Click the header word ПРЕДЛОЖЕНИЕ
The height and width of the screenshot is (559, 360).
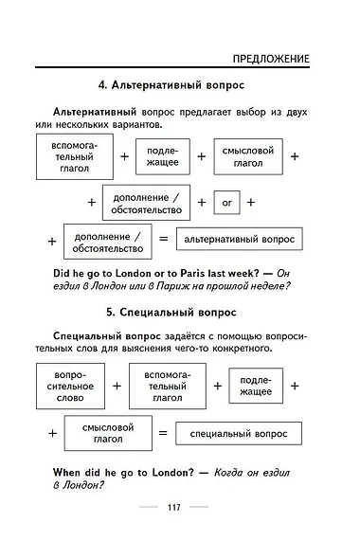(x=271, y=59)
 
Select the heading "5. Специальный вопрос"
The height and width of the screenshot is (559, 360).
(x=179, y=312)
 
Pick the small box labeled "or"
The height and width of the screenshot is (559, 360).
(x=225, y=202)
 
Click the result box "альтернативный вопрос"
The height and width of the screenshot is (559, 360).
(x=239, y=241)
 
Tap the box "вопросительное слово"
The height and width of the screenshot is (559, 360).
(x=69, y=387)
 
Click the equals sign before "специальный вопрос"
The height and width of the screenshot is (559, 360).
(x=162, y=434)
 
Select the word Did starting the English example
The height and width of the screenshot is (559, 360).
(x=65, y=273)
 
